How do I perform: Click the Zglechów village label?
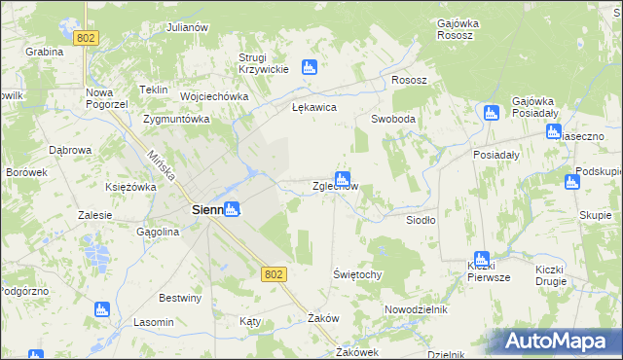pyautogui.click(x=335, y=187)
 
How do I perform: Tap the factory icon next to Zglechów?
pyautogui.click(x=342, y=177)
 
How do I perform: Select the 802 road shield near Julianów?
pyautogui.click(x=87, y=37)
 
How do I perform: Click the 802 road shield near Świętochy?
pyautogui.click(x=274, y=275)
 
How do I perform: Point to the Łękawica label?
pyautogui.click(x=313, y=107)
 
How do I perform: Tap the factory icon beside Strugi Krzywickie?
pyautogui.click(x=310, y=67)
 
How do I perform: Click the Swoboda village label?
pyautogui.click(x=393, y=119)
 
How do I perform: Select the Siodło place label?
pyautogui.click(x=421, y=220)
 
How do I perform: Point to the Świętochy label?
pyautogui.click(x=357, y=274)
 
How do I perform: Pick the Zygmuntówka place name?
pyautogui.click(x=176, y=120)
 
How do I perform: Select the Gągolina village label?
pyautogui.click(x=158, y=233)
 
